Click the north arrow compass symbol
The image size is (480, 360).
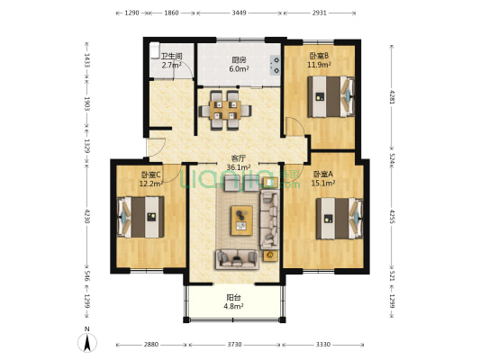tap(87, 342)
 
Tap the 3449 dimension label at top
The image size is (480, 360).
tap(239, 13)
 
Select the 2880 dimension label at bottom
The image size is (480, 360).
tap(151, 345)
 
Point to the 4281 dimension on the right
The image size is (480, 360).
tap(392, 96)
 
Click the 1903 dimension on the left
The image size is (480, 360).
tap(86, 104)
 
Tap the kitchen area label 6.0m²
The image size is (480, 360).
tap(239, 68)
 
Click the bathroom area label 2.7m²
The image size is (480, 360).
tap(171, 65)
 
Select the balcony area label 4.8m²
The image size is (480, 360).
tap(233, 306)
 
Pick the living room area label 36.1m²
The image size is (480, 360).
tap(239, 167)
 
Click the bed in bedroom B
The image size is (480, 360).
tap(331, 96)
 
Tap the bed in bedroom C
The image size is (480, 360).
tap(140, 217)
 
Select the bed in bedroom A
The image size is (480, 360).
tap(340, 219)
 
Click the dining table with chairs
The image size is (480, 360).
tap(225, 111)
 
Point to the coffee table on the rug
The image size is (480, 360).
tap(242, 220)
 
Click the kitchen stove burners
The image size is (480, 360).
tap(275, 66)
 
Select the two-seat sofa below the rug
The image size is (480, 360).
tap(237, 260)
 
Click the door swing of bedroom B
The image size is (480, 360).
tap(295, 127)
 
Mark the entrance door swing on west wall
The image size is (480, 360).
tap(157, 148)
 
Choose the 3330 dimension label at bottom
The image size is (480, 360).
tap(323, 345)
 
